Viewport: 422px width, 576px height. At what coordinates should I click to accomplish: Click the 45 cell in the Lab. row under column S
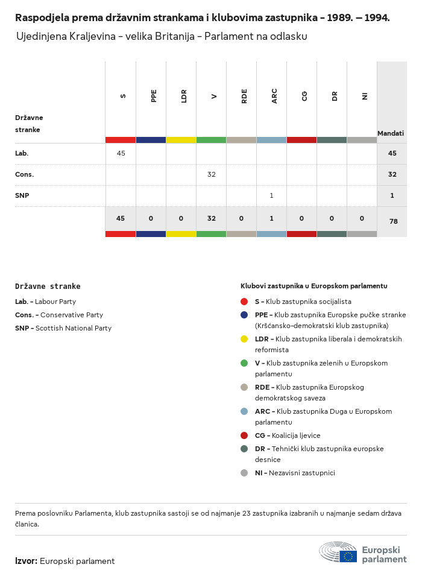pyautogui.click(x=121, y=153)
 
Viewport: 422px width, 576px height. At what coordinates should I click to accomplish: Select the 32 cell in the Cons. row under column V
pyautogui.click(x=211, y=174)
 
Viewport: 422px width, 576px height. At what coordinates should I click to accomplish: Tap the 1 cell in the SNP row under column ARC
pyautogui.click(x=271, y=195)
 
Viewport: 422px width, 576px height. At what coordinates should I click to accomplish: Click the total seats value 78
pyautogui.click(x=393, y=221)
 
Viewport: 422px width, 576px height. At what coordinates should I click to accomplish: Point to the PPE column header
pyautogui.click(x=154, y=95)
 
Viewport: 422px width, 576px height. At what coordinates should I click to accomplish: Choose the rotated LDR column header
pyautogui.click(x=184, y=95)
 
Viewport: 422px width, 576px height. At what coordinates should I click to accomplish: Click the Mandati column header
pyautogui.click(x=391, y=133)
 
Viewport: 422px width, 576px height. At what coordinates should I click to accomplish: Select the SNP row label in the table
pyautogui.click(x=22, y=195)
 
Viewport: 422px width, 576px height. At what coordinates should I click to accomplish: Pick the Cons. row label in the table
pyautogui.click(x=24, y=174)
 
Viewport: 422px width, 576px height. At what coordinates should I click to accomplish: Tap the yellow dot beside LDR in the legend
pyautogui.click(x=244, y=339)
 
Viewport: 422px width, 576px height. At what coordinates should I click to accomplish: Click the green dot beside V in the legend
pyautogui.click(x=244, y=363)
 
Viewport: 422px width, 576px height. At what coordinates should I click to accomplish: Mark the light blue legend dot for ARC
pyautogui.click(x=244, y=411)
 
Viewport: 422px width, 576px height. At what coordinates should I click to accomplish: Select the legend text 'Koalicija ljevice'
pyautogui.click(x=296, y=435)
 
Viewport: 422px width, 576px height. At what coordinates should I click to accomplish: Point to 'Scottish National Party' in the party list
pyautogui.click(x=73, y=328)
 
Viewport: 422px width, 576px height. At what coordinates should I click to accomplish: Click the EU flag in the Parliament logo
pyautogui.click(x=348, y=556)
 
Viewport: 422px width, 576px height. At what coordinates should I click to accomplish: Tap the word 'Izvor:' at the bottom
pyautogui.click(x=26, y=561)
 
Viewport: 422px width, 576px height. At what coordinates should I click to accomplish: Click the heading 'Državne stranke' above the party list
pyautogui.click(x=48, y=286)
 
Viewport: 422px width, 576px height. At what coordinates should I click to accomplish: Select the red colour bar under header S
pyautogui.click(x=121, y=140)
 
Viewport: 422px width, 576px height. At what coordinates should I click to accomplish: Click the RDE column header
pyautogui.click(x=244, y=95)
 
